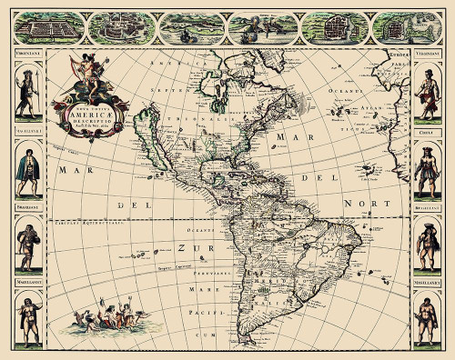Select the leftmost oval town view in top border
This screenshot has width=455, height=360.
click(x=43, y=28)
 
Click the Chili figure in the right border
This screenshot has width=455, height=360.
click(x=426, y=168)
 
